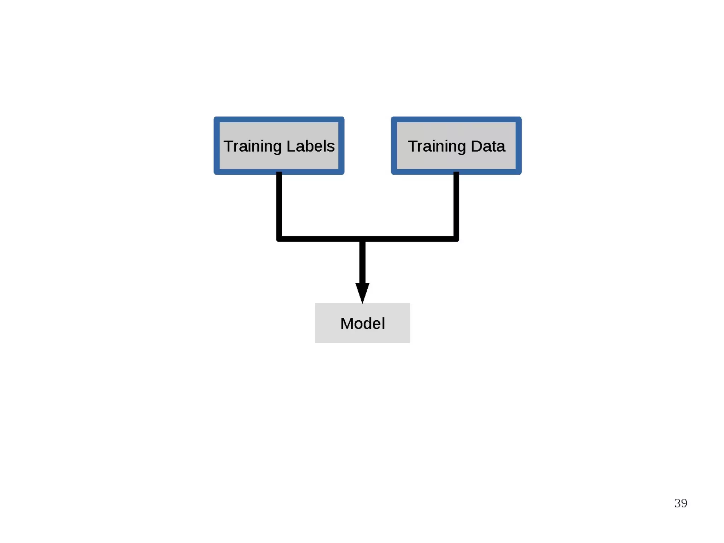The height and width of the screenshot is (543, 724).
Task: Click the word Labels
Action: [310, 146]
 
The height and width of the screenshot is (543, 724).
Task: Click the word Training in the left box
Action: [252, 146]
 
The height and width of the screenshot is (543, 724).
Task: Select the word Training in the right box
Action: [437, 146]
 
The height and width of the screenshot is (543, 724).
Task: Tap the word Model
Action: [362, 323]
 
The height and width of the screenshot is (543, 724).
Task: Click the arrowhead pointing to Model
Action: [362, 292]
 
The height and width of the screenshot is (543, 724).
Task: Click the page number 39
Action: [681, 503]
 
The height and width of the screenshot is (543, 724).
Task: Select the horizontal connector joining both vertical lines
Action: [318, 239]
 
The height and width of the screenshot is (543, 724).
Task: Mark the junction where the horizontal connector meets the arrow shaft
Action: [362, 239]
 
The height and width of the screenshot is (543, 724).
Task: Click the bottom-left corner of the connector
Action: [279, 239]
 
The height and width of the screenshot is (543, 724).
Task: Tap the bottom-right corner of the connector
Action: [456, 239]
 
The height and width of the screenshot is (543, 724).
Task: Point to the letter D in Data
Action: [477, 146]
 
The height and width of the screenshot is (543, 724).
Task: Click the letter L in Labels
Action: [291, 146]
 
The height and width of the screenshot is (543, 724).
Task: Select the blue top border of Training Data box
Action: [456, 119]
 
